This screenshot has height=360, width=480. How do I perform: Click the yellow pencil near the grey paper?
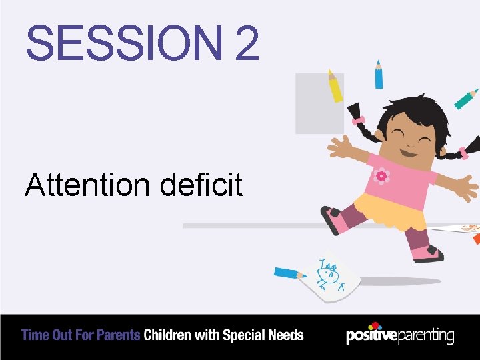tap(335, 87)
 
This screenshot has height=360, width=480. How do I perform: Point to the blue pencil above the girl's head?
tap(379, 75)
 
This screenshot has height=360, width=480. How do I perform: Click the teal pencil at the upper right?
tap(466, 99)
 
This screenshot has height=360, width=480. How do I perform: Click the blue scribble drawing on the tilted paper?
tap(329, 274)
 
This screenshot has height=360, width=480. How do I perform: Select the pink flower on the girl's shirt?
tap(382, 176)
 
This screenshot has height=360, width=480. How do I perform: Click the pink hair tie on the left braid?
tap(359, 120)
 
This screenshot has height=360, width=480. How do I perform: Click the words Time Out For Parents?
tap(81, 335)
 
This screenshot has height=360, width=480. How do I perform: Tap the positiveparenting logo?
tap(400, 335)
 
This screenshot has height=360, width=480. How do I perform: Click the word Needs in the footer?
tap(287, 335)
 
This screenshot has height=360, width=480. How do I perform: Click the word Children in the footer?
tap(167, 335)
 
